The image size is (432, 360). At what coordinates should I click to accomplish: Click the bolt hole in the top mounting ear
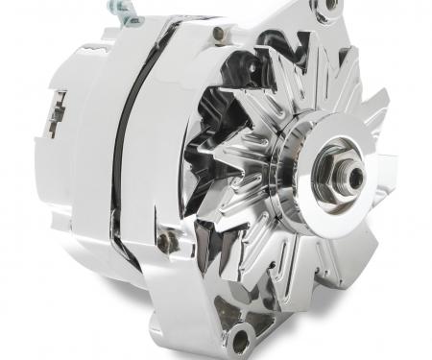coord(331,6)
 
